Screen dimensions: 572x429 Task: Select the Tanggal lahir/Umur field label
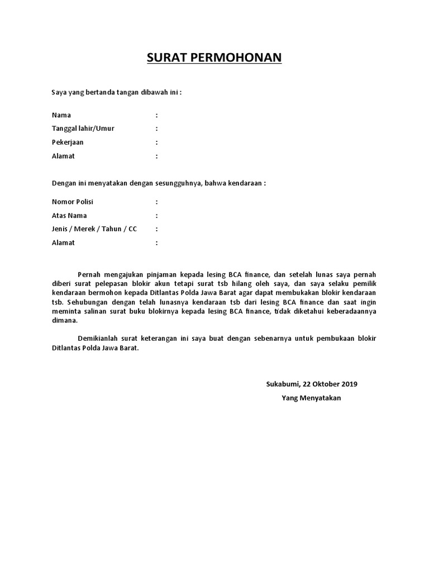83,128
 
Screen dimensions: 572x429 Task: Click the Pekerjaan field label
68,142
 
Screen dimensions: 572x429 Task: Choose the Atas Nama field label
69,216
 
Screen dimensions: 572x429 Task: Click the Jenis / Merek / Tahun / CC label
94,229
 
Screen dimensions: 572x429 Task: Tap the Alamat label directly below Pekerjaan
63,156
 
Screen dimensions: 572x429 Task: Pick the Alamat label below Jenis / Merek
63,243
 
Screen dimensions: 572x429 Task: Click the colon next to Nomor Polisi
157,202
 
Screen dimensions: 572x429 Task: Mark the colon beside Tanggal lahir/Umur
157,128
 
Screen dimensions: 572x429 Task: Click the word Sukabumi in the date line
282,384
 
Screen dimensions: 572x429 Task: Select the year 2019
349,384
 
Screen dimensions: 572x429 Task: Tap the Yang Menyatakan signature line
311,398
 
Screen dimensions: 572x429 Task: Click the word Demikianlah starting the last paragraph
99,339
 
